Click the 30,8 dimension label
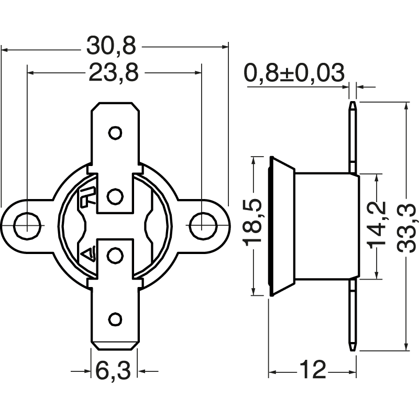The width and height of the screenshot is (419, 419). tap(111, 46)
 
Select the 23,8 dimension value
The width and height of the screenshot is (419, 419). tap(114, 72)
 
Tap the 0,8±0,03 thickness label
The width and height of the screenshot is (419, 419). tap(294, 73)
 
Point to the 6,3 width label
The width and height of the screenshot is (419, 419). tap(113, 370)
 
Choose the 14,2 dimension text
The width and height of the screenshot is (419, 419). tap(377, 225)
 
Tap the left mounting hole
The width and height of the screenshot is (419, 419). tap(27, 226)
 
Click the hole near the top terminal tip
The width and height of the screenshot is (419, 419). tap(115, 133)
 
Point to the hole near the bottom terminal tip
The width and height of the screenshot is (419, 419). tap(115, 319)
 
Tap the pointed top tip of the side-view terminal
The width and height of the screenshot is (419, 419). tap(352, 102)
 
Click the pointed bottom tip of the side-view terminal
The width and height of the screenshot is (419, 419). tap(352, 350)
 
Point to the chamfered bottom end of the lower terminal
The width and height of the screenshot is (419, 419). tap(115, 345)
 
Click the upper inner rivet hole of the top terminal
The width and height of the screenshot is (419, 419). tap(115, 196)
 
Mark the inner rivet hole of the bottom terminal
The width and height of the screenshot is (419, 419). tap(115, 256)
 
